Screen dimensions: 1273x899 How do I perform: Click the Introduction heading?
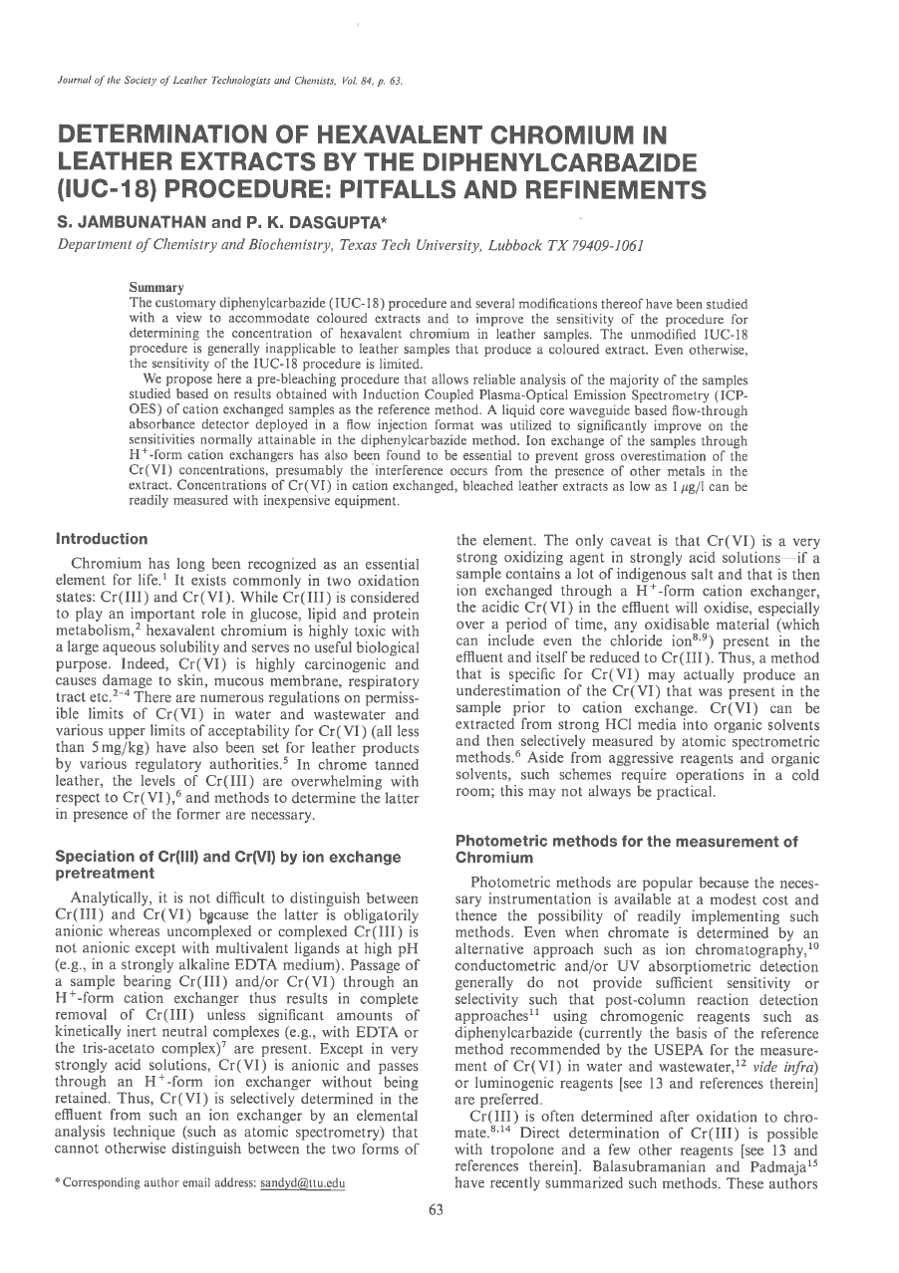(102, 539)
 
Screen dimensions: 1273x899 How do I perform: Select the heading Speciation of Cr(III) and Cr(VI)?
(228, 856)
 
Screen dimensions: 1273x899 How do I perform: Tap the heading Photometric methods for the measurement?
(626, 842)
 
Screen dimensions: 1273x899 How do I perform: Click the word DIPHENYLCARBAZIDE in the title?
(548, 161)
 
